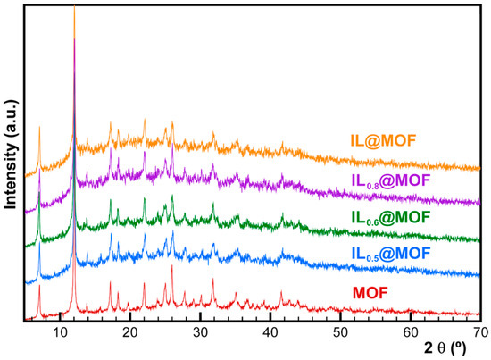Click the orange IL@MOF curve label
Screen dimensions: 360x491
point(387,139)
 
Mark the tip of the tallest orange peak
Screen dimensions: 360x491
point(74,7)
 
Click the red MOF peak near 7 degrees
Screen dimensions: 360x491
point(39,286)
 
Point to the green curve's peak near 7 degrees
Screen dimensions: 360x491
point(39,192)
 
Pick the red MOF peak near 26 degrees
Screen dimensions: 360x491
point(171,266)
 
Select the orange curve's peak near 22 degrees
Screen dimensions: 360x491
point(145,119)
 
